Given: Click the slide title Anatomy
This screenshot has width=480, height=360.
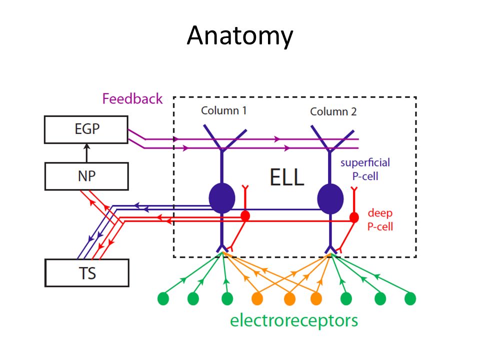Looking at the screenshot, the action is [240, 36].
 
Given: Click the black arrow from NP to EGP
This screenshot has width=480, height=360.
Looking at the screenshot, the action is [87, 153].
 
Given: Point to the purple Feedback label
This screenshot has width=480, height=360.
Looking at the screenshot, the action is [132, 99].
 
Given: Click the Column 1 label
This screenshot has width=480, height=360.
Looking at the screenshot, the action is [224, 110].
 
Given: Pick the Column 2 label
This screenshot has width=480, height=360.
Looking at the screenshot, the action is [333, 111].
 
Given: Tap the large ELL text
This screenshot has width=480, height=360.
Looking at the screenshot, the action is [287, 177].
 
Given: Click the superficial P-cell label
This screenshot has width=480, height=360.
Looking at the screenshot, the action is [365, 169].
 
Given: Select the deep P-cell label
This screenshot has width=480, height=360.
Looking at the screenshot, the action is [380, 219].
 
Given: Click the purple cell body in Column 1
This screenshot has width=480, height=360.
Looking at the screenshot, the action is [222, 198].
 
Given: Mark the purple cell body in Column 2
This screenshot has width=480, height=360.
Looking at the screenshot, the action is [330, 199].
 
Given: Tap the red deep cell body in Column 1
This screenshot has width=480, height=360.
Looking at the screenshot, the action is [245, 216].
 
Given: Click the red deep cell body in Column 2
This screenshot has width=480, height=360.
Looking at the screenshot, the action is [354, 217].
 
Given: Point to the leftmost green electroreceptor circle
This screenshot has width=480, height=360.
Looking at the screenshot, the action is [163, 298].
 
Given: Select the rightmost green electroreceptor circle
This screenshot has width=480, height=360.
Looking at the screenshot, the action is [410, 299].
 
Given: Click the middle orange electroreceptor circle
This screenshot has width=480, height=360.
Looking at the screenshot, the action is [289, 299].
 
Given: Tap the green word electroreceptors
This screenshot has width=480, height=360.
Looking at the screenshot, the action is [294, 320].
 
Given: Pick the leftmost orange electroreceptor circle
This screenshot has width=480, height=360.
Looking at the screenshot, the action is [257, 299].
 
